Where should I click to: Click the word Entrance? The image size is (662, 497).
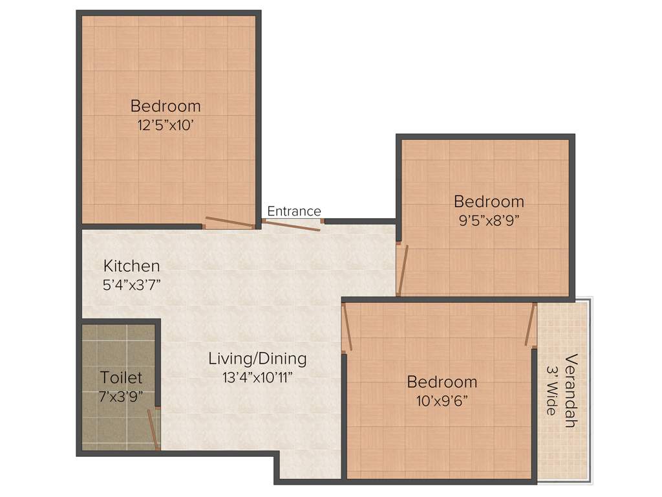tap(294, 212)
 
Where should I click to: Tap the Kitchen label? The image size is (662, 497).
tap(132, 266)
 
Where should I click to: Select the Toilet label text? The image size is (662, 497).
tap(121, 377)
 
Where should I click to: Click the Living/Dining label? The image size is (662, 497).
tap(257, 359)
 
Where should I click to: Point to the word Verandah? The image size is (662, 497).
tap(570, 390)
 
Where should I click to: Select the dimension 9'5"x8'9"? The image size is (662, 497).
tap(489, 219)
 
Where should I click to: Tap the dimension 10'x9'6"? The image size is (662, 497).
tap(442, 400)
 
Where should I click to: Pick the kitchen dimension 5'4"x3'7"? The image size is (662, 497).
tap(132, 285)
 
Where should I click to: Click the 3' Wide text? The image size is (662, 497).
tap(551, 390)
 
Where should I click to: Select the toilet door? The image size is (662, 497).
tap(153, 428)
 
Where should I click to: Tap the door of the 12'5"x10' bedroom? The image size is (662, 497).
tap(230, 222)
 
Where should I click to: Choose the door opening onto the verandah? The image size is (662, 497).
tap(531, 325)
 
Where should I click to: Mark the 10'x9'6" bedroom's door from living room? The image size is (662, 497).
tap(347, 327)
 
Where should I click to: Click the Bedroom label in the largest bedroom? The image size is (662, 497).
tap(165, 105)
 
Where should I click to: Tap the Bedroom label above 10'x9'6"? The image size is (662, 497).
tap(442, 382)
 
